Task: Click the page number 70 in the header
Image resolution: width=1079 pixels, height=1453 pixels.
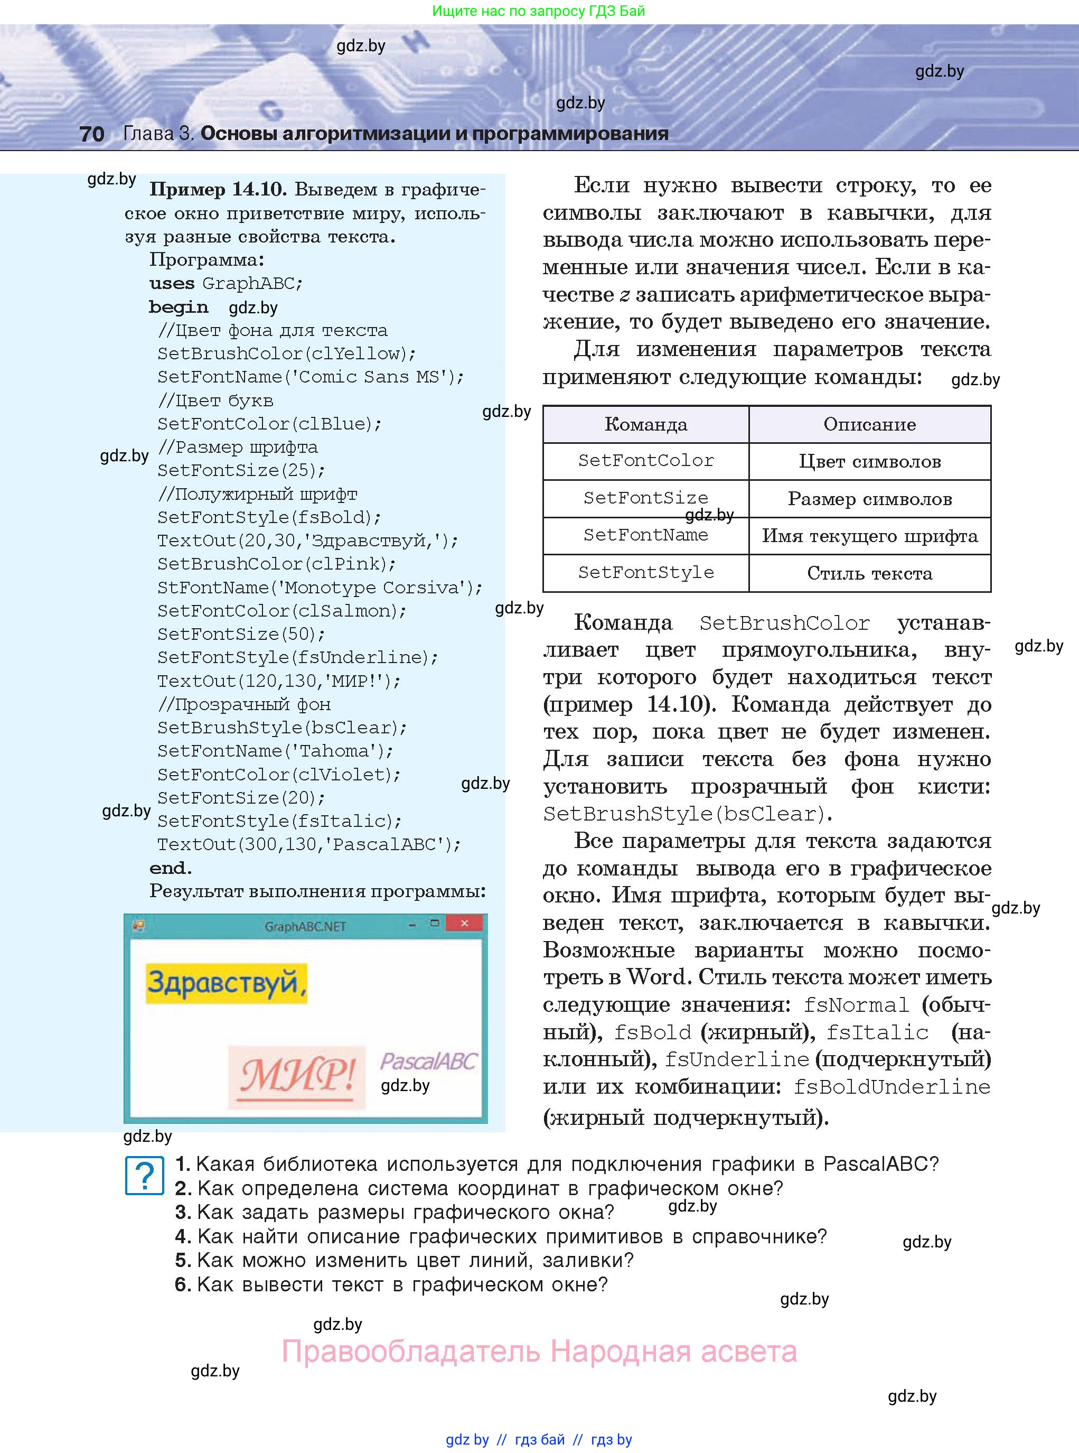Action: [x=91, y=134]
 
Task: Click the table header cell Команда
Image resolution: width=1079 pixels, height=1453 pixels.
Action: [x=645, y=425]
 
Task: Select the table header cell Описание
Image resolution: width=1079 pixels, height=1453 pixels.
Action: [x=869, y=425]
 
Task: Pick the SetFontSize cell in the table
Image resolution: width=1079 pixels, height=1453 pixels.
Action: [x=645, y=498]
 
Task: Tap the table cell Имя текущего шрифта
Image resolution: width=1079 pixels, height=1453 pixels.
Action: [x=869, y=536]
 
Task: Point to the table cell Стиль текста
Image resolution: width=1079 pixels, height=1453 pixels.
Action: [x=869, y=574]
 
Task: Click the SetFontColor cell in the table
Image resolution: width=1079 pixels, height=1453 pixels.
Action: [x=645, y=461]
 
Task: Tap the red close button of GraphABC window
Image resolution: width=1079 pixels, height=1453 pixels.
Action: [x=464, y=923]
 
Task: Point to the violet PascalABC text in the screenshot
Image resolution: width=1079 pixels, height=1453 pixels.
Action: [x=428, y=1061]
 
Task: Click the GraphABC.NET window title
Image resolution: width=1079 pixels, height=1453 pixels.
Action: [x=305, y=926]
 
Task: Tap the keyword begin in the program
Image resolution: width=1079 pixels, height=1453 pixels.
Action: [x=179, y=307]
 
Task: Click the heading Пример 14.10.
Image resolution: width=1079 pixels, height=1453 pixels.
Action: [x=218, y=190]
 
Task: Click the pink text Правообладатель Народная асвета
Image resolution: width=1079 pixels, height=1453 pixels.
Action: [x=539, y=1352]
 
